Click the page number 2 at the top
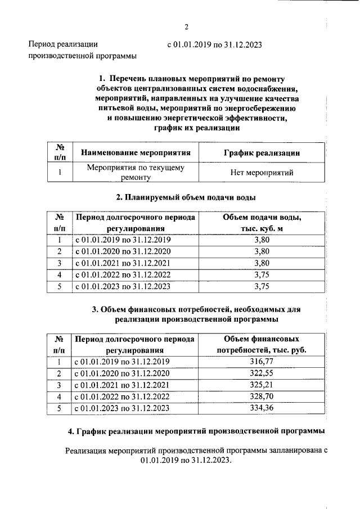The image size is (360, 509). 186,27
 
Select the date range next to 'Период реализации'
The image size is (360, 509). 215,44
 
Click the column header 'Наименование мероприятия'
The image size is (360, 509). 136,152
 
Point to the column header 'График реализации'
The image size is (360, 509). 262,152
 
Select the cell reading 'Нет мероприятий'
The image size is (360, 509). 262,173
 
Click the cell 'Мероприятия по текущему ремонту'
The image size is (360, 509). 136,173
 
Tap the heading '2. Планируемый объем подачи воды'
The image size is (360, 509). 186,197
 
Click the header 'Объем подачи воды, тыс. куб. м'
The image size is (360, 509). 261,223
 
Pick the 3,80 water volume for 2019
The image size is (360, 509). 262,240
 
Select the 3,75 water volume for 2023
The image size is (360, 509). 262,286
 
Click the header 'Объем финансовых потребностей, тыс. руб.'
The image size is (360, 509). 261,344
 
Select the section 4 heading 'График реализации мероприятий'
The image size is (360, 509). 196,431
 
